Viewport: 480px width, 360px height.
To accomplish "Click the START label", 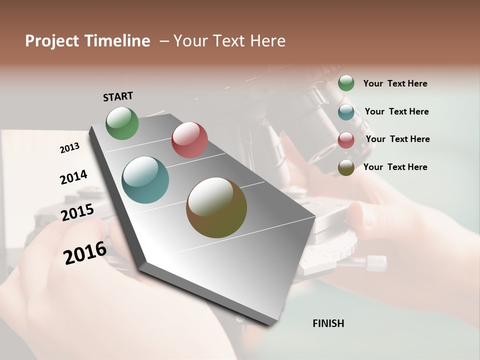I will point(118,96).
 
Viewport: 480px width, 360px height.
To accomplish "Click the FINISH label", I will point(328,323).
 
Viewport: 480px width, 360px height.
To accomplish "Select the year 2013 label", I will point(69,148).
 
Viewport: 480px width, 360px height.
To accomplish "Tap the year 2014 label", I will point(73,177).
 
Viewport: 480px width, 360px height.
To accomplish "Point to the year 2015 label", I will point(77,212).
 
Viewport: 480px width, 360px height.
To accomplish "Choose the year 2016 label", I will point(85,252).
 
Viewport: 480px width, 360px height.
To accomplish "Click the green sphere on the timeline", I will point(122,123).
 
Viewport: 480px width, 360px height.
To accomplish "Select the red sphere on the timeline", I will point(189,140).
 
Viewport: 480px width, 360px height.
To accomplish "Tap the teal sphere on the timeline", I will point(145,180).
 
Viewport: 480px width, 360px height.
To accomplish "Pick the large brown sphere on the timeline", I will point(216,207).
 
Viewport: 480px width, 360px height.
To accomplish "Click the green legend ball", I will point(346,83).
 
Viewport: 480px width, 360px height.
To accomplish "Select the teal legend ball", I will point(346,112).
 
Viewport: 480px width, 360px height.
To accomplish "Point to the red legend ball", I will point(346,140).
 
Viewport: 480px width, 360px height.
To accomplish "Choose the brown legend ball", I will point(346,167).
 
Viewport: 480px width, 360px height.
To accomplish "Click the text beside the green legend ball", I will point(395,83).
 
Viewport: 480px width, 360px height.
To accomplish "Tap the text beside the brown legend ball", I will point(395,167).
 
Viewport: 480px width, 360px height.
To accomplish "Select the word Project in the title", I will point(51,41).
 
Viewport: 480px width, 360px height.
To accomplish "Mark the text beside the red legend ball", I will point(397,139).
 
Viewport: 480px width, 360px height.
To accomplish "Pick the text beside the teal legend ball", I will point(396,111).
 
